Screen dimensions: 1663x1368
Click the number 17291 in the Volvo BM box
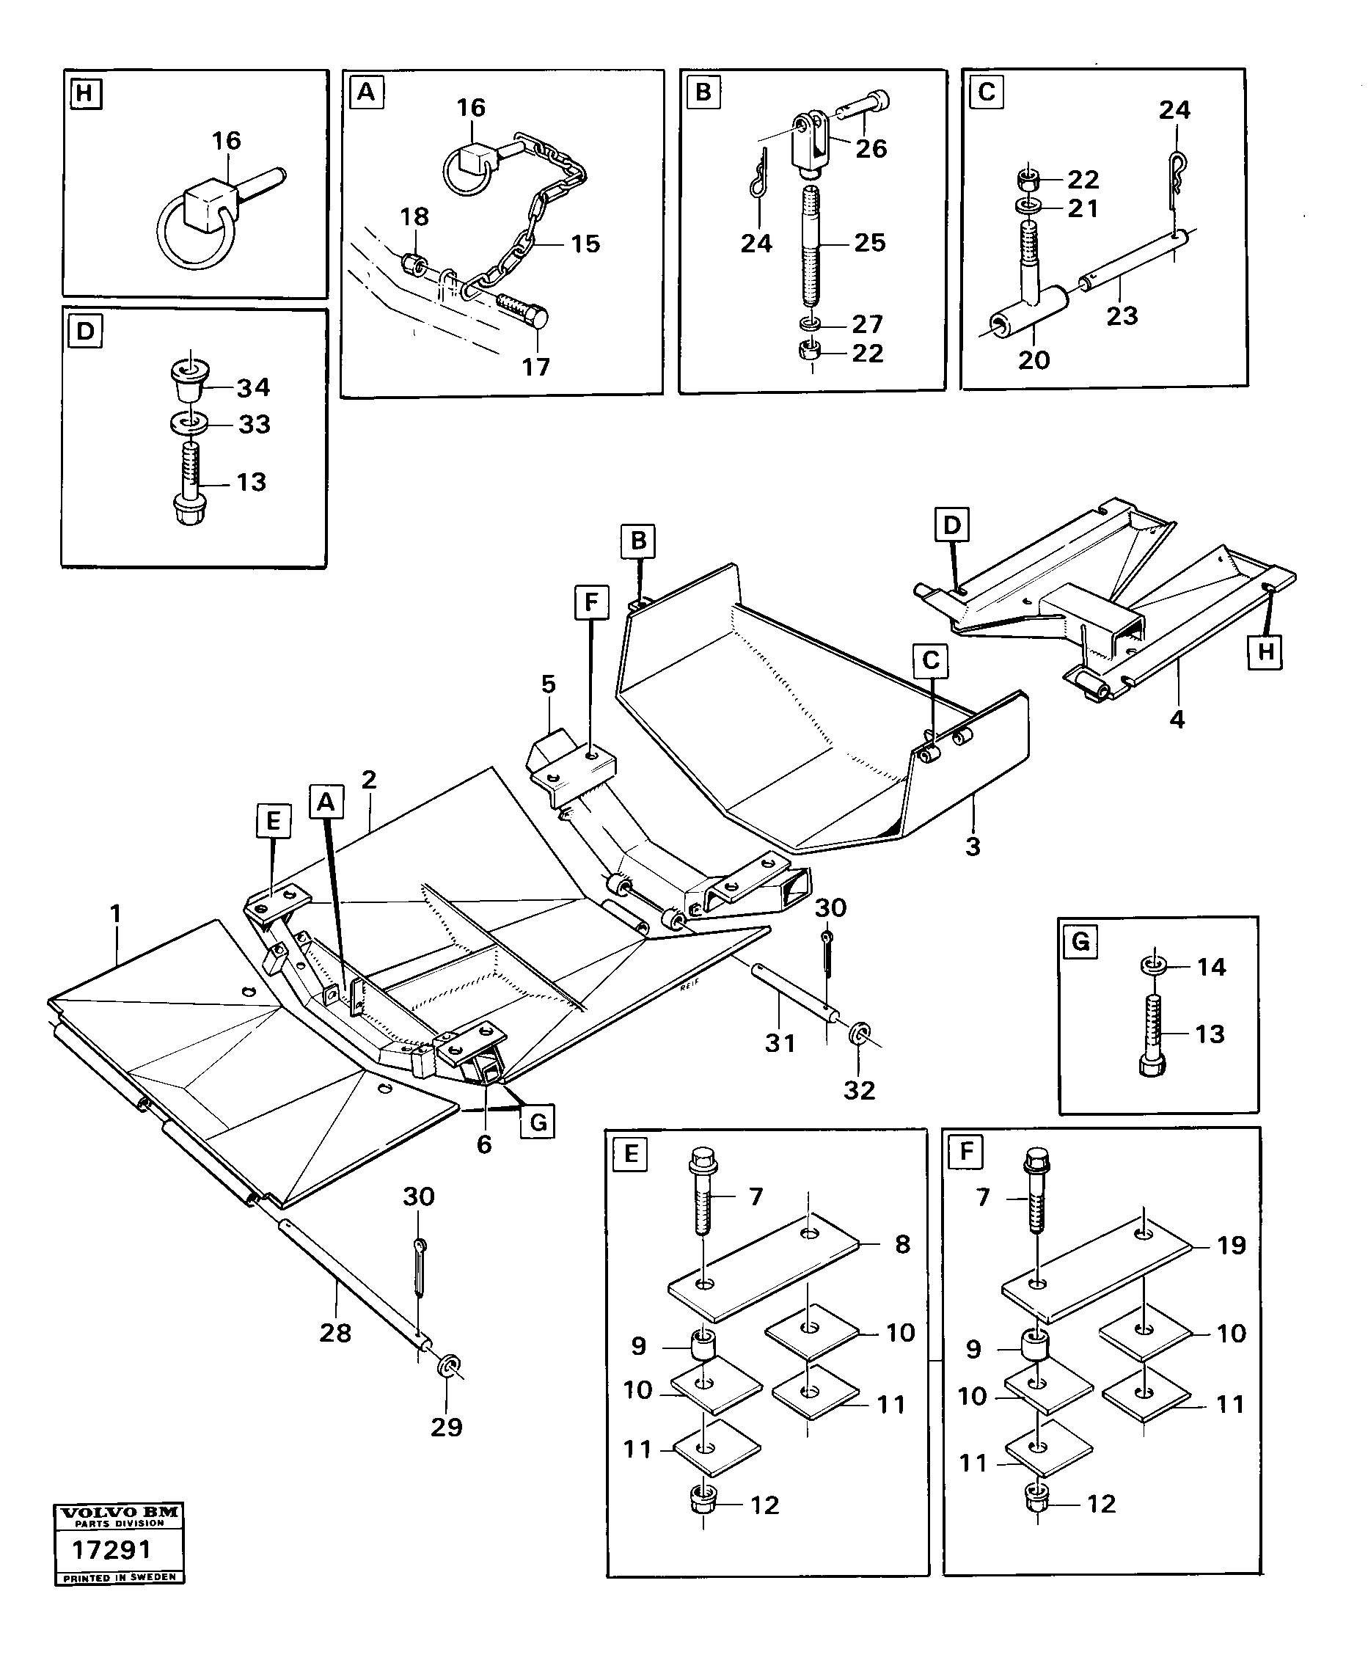point(111,1549)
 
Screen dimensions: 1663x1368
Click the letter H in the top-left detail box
point(84,94)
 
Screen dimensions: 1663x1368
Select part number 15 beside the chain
point(585,244)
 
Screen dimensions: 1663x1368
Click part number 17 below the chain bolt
point(536,367)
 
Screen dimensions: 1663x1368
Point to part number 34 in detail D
point(254,387)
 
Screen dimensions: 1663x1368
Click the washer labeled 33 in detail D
point(189,424)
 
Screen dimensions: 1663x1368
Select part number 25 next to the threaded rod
point(869,242)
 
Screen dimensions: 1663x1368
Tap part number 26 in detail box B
point(871,148)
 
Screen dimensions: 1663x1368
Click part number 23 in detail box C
point(1122,316)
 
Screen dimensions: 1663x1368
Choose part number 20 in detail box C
point(1034,360)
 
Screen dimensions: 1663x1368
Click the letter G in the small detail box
point(1080,941)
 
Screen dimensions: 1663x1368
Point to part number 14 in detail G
point(1211,966)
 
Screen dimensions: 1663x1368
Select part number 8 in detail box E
point(902,1243)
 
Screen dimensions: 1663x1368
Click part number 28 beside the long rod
point(335,1333)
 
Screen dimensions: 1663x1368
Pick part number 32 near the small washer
point(859,1090)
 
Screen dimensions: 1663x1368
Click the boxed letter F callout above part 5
point(591,604)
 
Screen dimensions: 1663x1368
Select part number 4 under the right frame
point(1177,719)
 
